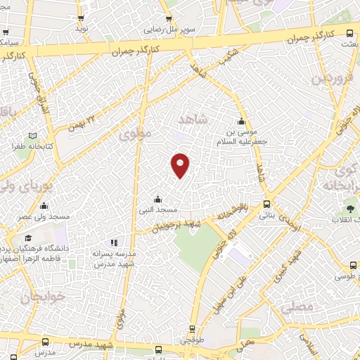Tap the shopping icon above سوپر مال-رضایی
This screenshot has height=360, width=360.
click(169, 20)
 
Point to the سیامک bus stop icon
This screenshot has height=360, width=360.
click(6, 33)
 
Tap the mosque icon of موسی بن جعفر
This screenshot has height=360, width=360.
click(242, 120)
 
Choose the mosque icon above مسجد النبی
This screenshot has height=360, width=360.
click(157, 199)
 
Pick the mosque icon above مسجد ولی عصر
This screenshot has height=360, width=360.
click(44, 206)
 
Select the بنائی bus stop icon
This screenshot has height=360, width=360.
click(266, 204)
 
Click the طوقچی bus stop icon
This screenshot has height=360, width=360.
click(192, 329)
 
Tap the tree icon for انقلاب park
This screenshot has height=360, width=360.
click(350, 208)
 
